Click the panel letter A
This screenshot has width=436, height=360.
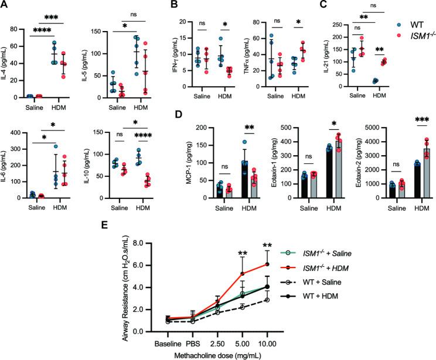(x=5, y=5)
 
